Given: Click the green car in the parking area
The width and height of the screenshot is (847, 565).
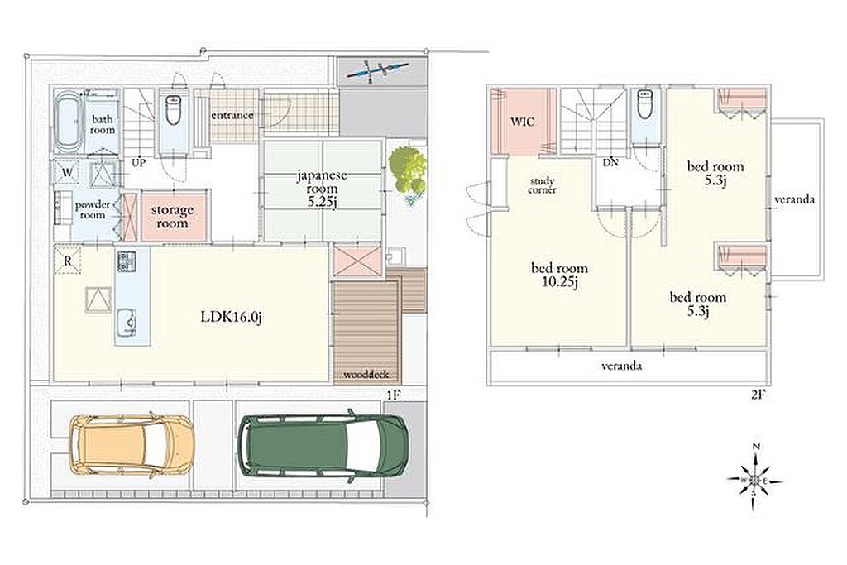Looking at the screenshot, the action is coord(323,445).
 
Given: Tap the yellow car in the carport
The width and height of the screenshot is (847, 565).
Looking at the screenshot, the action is coord(132,443).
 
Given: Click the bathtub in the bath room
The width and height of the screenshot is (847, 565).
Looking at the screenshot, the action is coord(68,121).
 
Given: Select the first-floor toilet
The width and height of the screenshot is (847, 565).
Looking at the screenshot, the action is coord(173,110).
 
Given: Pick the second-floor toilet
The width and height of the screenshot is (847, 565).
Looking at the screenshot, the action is coord(645,103).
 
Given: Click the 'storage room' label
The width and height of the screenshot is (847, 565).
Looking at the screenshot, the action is coord(173,216).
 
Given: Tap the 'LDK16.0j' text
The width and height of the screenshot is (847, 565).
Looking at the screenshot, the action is coord(232,317).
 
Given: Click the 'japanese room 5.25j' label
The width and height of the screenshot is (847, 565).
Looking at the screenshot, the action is coord(322,189).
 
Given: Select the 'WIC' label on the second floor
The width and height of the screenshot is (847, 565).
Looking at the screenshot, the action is coord(523,122).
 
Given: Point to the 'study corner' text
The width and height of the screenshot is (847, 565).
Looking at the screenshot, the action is coord(543,185).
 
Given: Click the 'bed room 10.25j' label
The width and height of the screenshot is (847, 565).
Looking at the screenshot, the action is coord(560,275).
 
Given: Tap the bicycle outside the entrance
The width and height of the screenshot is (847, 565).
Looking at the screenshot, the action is coord(377,70).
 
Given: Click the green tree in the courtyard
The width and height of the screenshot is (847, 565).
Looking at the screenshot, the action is coord(408,169).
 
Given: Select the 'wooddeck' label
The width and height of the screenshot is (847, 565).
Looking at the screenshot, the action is coord(366,375).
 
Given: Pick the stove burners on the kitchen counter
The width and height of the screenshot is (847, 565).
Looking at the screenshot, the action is coord(127,261).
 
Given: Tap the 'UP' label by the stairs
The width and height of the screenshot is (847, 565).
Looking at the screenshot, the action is coord(139,162).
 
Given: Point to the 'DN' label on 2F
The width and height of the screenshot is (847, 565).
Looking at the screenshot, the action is coord(611,162).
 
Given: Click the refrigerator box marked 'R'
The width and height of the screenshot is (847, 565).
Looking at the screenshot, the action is coord(68,261).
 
